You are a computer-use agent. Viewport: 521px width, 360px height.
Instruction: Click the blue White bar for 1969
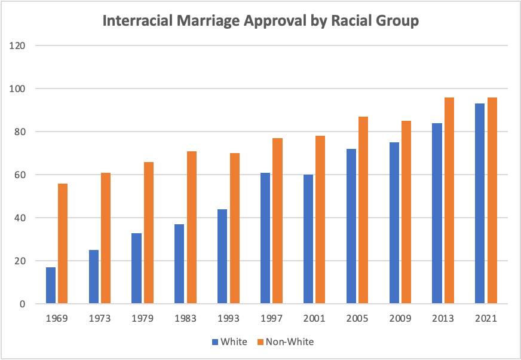(51, 285)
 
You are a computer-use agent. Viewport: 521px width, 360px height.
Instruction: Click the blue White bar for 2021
(480, 203)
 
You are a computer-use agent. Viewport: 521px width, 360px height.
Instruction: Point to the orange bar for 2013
(449, 200)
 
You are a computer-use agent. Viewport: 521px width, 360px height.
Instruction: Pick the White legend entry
(229, 342)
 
